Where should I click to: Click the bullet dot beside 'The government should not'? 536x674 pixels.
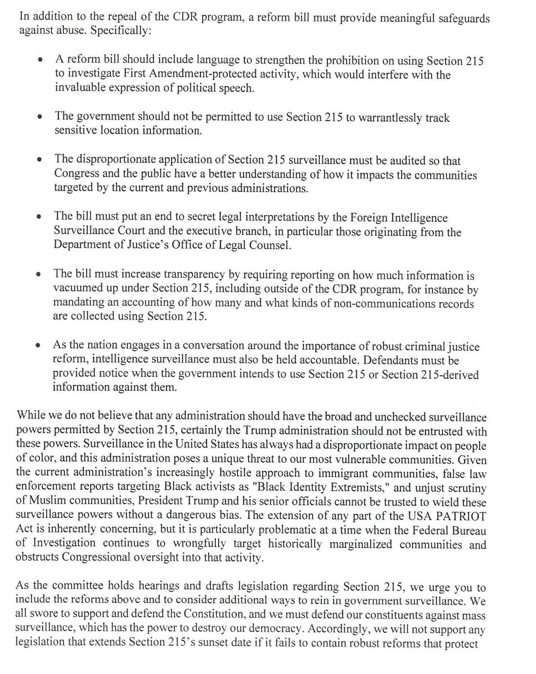[x=38, y=119]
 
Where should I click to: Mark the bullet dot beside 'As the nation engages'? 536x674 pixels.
[x=38, y=347]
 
